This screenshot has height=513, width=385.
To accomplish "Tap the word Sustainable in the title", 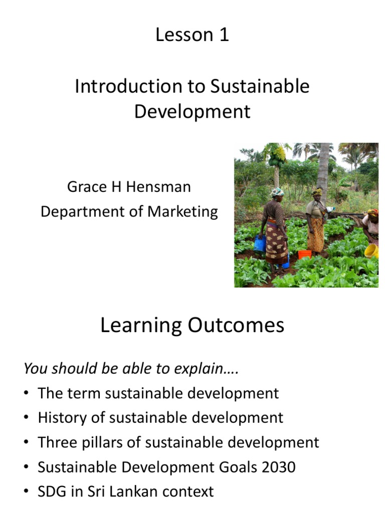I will point(260,86).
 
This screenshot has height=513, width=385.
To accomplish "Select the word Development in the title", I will point(192,111).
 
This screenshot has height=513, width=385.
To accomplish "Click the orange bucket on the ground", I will point(304,254).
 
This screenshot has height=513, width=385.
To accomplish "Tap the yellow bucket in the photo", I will point(371,250).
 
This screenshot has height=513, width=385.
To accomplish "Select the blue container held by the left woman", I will point(260,243).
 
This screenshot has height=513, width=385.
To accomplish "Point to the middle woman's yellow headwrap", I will point(317,191).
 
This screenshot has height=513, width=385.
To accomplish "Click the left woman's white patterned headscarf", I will point(277,192).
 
